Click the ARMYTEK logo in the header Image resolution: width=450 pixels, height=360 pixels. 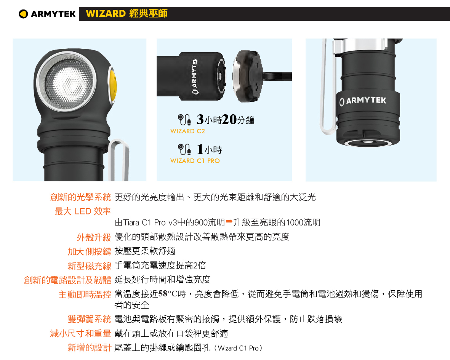click(47, 14)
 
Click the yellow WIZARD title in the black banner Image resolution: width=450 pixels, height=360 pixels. click(127, 13)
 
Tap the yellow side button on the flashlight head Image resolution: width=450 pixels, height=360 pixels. click(112, 84)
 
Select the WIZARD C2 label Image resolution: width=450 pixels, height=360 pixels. click(187, 131)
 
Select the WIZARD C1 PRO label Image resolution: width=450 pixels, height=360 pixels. click(195, 161)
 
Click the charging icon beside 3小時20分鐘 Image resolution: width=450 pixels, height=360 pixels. click(184, 120)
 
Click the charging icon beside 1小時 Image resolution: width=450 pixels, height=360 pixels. click(184, 149)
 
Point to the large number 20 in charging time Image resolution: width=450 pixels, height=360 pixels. click(229, 119)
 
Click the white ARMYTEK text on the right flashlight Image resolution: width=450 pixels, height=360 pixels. click(363, 101)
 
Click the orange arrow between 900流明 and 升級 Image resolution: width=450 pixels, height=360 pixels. click(229, 221)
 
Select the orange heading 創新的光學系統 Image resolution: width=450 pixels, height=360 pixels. click(80, 197)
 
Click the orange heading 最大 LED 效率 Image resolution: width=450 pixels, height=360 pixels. click(83, 211)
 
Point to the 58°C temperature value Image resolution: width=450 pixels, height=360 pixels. click(168, 294)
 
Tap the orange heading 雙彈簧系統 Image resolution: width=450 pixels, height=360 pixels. click(89, 319)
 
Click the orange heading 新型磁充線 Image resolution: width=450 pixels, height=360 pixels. click(89, 266)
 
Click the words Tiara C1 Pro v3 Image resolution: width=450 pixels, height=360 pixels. click(150, 222)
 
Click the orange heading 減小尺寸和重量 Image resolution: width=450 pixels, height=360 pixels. click(80, 333)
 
